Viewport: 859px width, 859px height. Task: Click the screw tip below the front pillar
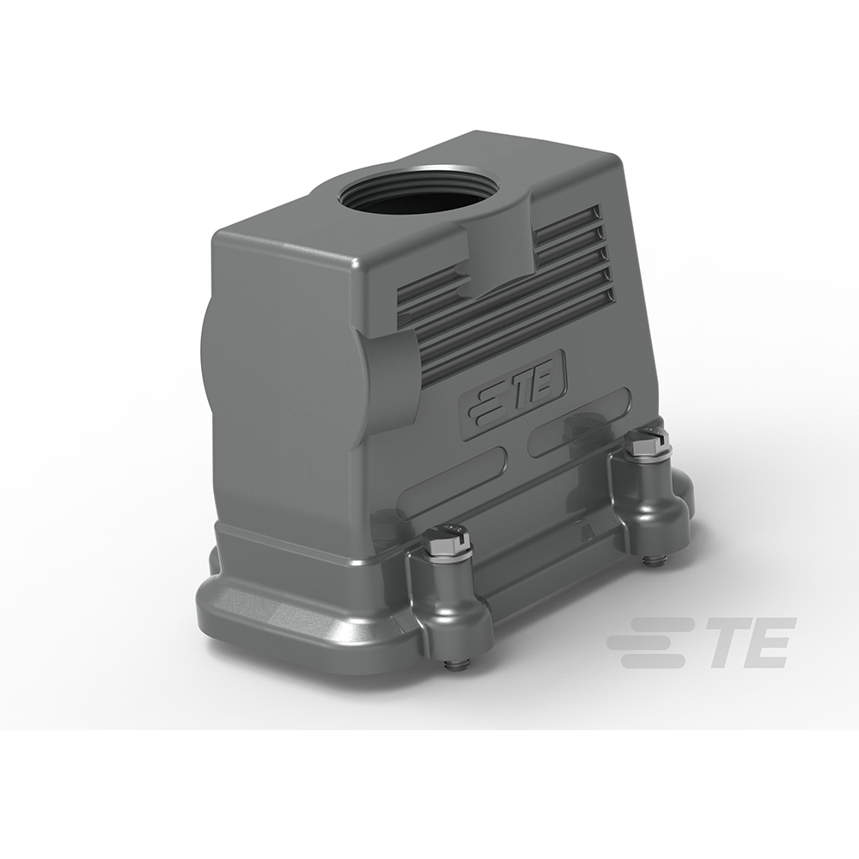454,663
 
